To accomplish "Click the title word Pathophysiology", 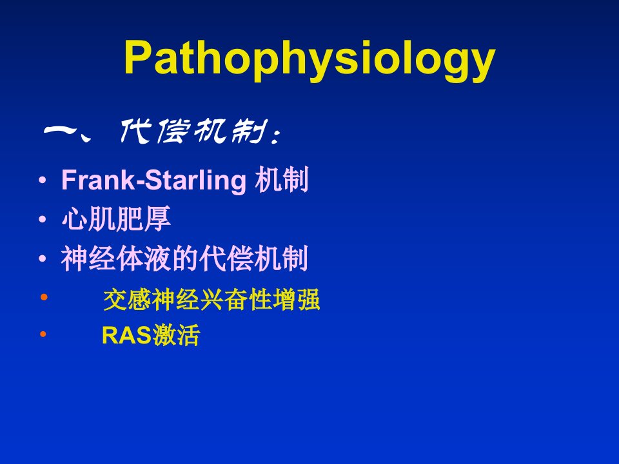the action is tap(309, 59).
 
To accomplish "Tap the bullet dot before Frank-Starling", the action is tap(43, 180).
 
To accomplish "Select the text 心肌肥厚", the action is tap(116, 218).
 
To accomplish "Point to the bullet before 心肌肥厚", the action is tap(43, 219).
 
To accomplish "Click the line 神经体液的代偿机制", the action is tap(185, 258).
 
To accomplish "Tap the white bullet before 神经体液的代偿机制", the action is tap(43, 259).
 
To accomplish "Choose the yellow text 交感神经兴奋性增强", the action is tap(211, 300).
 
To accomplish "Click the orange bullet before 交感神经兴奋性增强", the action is tap(44, 296).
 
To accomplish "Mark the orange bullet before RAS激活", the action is tap(43, 334).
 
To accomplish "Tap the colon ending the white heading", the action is tap(277, 136).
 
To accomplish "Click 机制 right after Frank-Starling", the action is tap(282, 180).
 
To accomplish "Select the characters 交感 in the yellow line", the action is tap(127, 300).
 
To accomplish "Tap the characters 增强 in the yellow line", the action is tap(296, 300).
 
